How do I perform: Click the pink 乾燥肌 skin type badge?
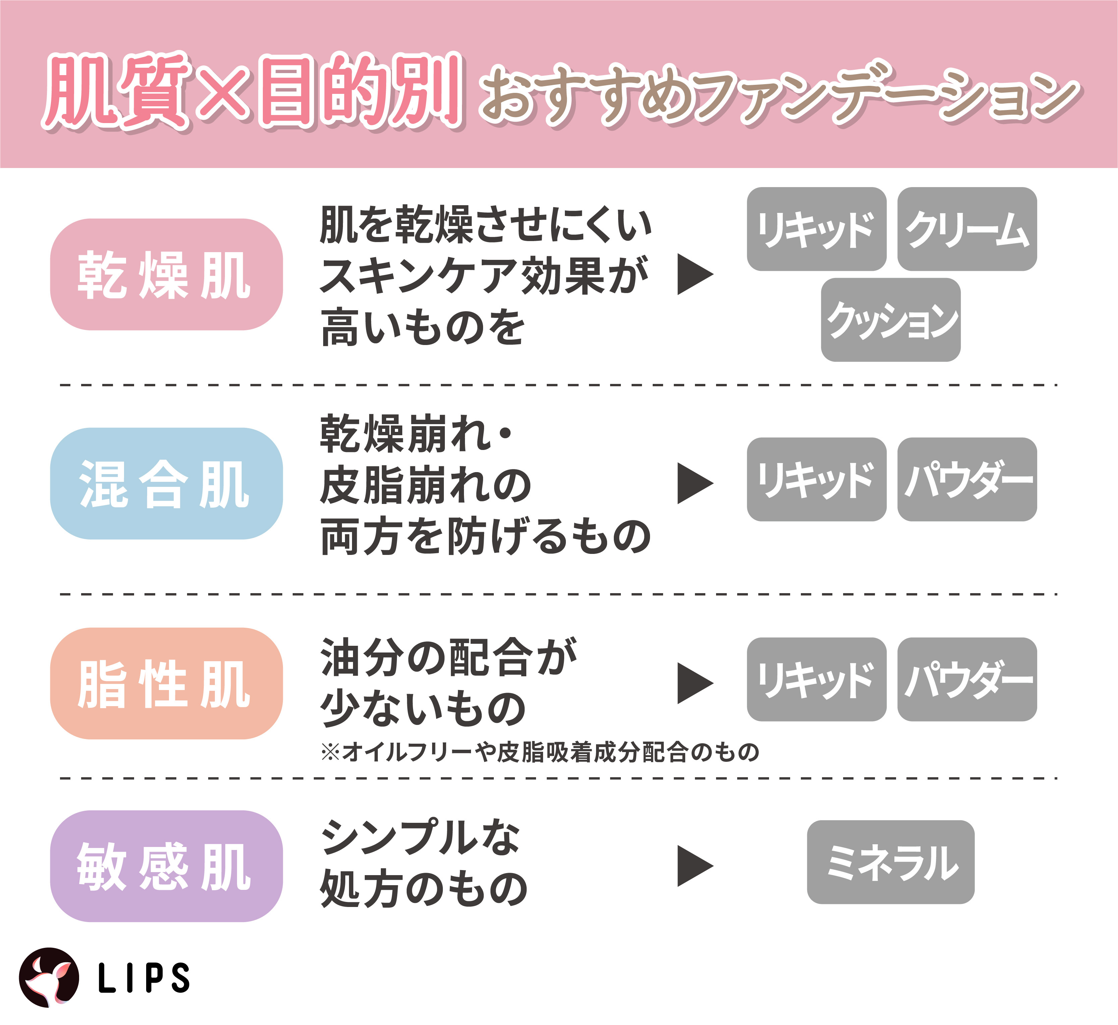pos(166,275)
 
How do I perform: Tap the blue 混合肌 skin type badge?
pos(166,483)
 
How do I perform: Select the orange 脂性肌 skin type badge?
pos(166,683)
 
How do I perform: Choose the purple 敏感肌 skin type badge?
pos(166,866)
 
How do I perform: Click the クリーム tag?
pos(967,229)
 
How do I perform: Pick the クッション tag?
pos(891,320)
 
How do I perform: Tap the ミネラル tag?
pos(891,862)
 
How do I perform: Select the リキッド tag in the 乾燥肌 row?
pos(816,229)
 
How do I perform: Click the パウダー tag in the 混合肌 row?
pos(967,479)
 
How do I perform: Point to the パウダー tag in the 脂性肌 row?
pos(967,679)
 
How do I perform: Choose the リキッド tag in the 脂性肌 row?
pos(816,679)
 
